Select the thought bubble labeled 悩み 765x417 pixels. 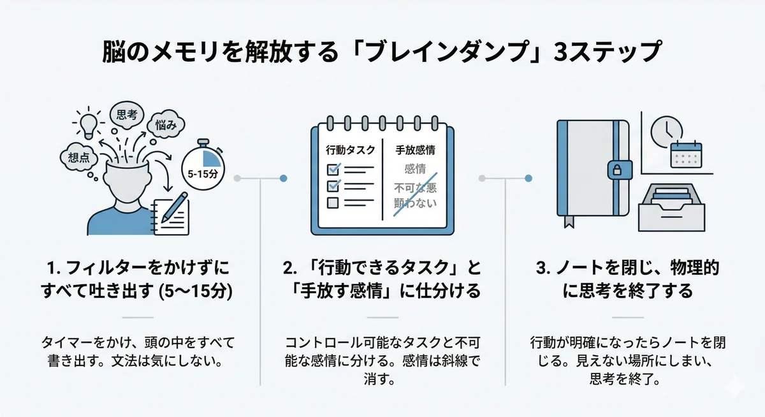pos(165,125)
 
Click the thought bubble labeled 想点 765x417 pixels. pos(78,157)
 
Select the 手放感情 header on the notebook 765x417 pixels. pos(415,150)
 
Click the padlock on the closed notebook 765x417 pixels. pos(616,169)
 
